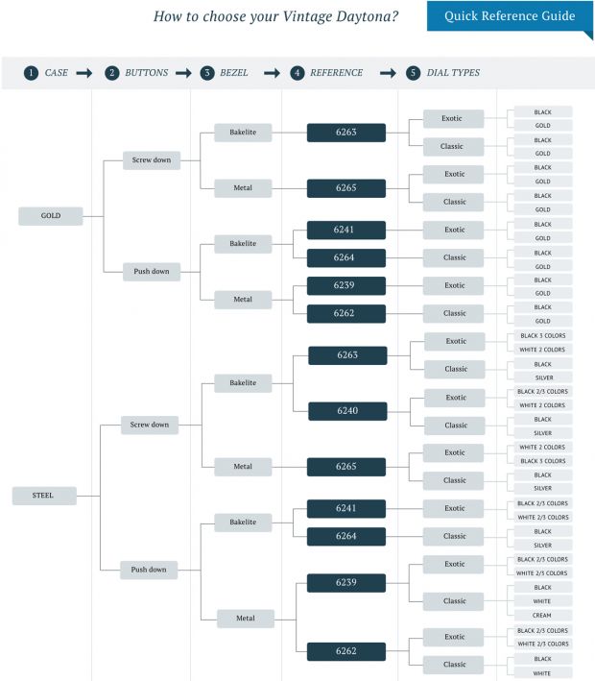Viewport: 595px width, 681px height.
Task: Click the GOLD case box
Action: tap(51, 216)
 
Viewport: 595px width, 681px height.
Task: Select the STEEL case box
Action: tap(44, 496)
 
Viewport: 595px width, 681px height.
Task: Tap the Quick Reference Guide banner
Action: tap(509, 16)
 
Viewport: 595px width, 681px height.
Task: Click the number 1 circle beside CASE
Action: tap(32, 73)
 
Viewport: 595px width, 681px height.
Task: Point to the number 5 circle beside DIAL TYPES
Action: tap(413, 73)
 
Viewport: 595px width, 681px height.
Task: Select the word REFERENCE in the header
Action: tap(337, 73)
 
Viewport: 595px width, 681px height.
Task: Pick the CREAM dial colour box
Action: tap(543, 615)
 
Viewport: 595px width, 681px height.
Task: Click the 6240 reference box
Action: tap(346, 411)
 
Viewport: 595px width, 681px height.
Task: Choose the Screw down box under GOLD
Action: tap(151, 159)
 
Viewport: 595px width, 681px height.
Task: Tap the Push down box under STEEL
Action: tap(149, 570)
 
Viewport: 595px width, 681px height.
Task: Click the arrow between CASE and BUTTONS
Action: tap(84, 73)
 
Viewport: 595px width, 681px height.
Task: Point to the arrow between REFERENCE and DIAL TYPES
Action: tap(389, 73)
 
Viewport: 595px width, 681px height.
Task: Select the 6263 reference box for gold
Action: tap(346, 133)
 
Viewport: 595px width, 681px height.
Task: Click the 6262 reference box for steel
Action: tap(346, 651)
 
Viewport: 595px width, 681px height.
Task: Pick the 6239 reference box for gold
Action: tap(346, 285)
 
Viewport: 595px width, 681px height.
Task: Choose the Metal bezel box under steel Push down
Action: tap(246, 619)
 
